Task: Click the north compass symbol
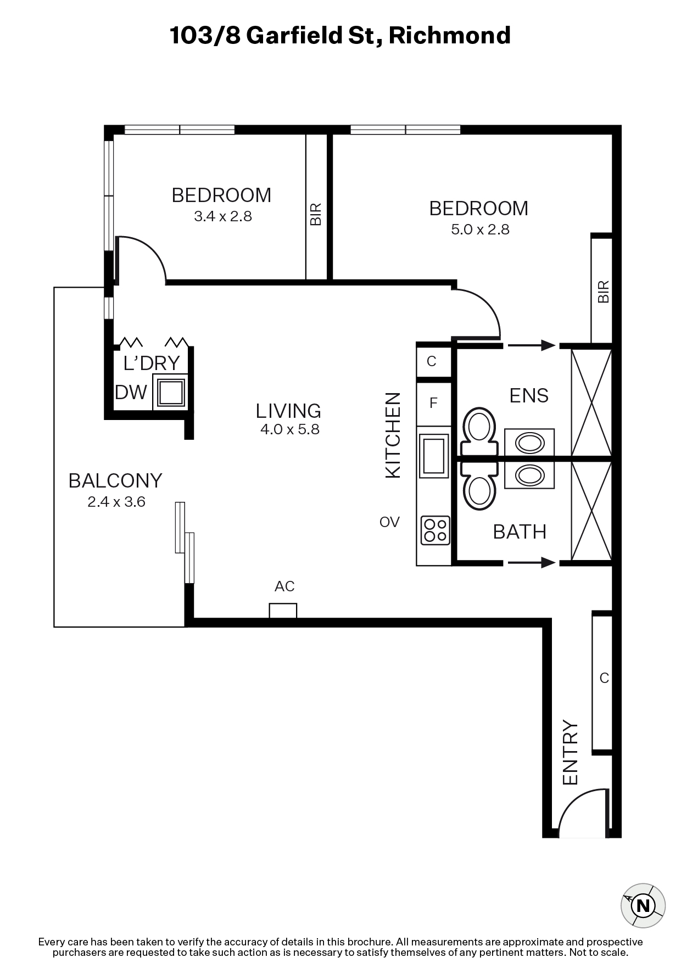643,906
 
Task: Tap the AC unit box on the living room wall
283,611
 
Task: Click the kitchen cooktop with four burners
435,530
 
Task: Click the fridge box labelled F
434,404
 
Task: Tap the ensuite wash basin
529,442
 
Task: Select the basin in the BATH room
529,475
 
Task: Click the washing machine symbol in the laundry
170,391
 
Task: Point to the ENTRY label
571,752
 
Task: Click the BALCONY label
115,480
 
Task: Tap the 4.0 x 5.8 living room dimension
290,429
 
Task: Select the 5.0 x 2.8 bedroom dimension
481,229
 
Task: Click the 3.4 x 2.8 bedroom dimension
223,216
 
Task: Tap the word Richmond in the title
450,36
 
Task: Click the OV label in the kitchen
389,522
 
